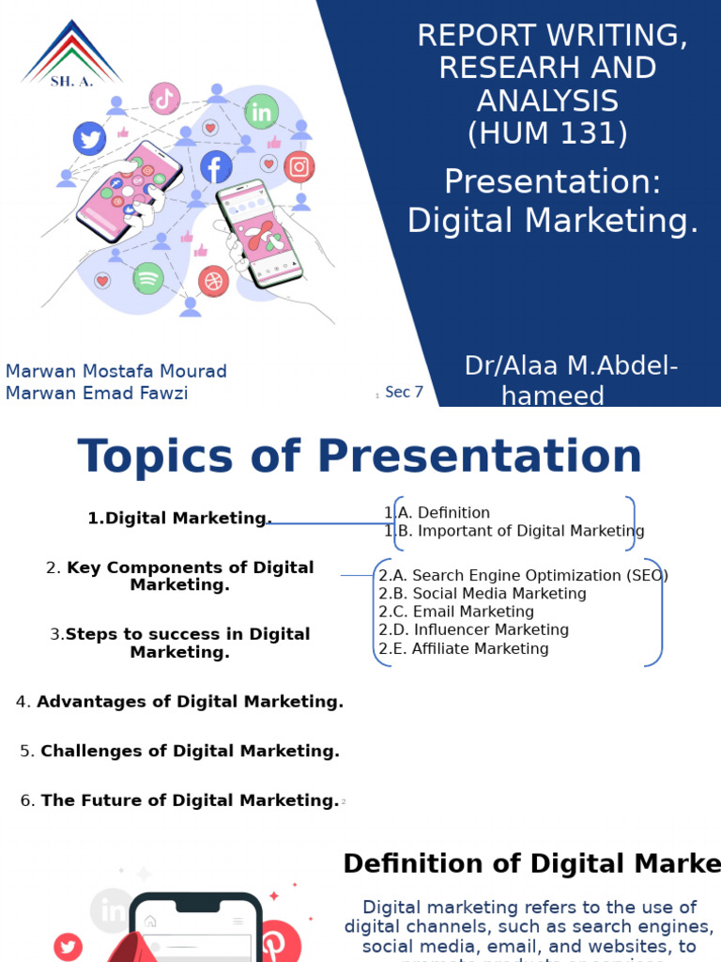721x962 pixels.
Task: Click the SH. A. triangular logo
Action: click(x=71, y=54)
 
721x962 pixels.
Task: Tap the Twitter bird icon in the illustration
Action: click(x=90, y=139)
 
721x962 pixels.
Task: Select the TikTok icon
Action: click(x=164, y=98)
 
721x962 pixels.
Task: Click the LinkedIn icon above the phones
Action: click(x=262, y=113)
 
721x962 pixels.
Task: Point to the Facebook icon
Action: click(x=216, y=167)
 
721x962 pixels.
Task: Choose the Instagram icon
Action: click(x=299, y=167)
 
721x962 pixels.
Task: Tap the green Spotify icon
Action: click(x=147, y=278)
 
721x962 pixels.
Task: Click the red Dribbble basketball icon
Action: click(x=213, y=281)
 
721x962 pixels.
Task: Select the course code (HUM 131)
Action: click(x=548, y=132)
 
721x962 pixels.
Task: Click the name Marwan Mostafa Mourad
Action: click(x=116, y=371)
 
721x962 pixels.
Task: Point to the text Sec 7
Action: click(x=404, y=392)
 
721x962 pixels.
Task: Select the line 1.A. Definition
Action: click(x=437, y=513)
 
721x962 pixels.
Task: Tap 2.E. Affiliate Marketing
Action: click(x=464, y=648)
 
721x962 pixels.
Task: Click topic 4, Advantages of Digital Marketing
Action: click(x=180, y=702)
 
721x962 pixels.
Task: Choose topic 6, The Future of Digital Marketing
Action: click(x=179, y=800)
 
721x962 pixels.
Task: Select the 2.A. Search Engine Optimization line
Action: click(x=523, y=575)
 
